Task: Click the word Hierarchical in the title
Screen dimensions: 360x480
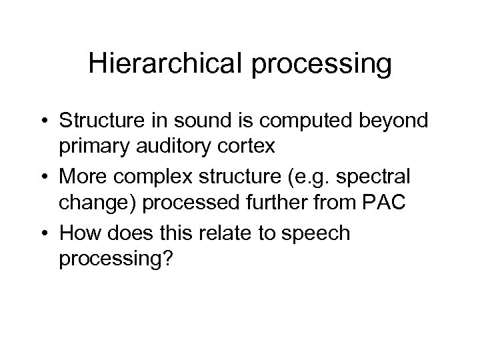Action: click(x=167, y=65)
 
